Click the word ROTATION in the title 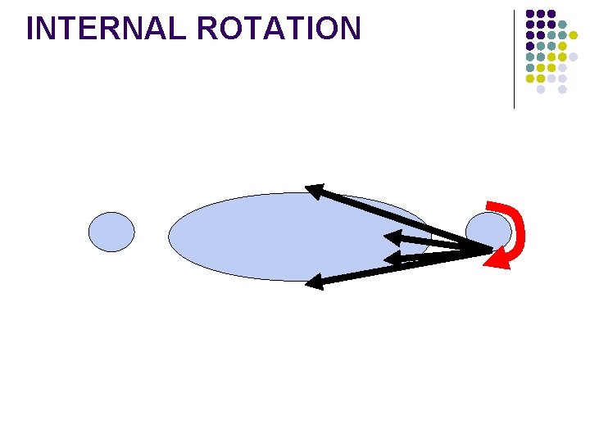pyautogui.click(x=279, y=29)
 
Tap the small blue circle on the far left pyautogui.click(x=111, y=232)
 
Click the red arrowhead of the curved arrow pyautogui.click(x=497, y=259)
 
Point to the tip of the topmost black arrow pyautogui.click(x=309, y=189)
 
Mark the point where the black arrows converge pyautogui.click(x=490, y=250)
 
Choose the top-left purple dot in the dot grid pyautogui.click(x=530, y=14)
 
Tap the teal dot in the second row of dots pyautogui.click(x=562, y=25)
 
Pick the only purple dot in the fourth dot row pyautogui.click(x=530, y=46)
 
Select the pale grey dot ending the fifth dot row pyautogui.click(x=574, y=56)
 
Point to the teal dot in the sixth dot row pyautogui.click(x=530, y=67)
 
